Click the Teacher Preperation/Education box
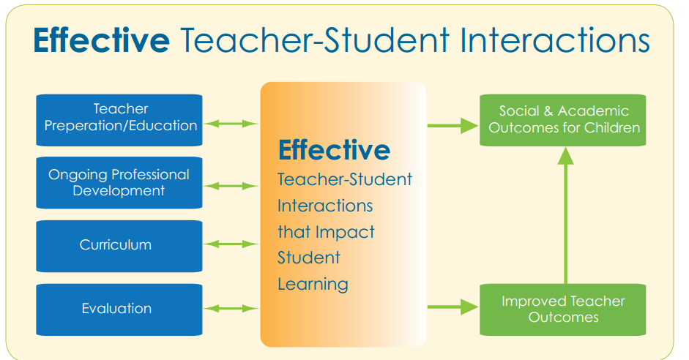click(119, 118)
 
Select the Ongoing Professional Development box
click(119, 183)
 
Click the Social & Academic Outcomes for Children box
click(563, 119)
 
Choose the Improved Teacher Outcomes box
click(563, 309)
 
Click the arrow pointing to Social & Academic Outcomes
click(452, 125)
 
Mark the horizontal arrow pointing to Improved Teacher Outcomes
click(452, 307)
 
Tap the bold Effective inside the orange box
click(334, 150)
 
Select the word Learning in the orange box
click(313, 284)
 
